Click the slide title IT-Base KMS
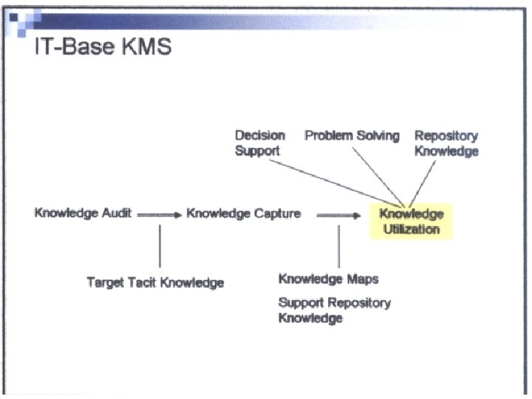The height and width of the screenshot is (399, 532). tap(103, 47)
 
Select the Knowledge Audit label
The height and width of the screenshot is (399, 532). tap(83, 214)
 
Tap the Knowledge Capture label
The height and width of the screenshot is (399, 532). tap(244, 214)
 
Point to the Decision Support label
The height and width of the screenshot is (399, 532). tap(259, 143)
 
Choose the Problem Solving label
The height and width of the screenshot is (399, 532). tap(352, 136)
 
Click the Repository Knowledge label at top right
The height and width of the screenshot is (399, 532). tap(446, 143)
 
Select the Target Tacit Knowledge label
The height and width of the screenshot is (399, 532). tap(155, 282)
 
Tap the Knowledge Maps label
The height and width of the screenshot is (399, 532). tap(328, 279)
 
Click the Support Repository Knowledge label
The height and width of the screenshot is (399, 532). tap(334, 310)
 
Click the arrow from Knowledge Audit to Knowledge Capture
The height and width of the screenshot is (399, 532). tap(158, 215)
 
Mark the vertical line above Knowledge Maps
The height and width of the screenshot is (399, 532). tap(338, 246)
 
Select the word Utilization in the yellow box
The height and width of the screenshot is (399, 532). tap(411, 229)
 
